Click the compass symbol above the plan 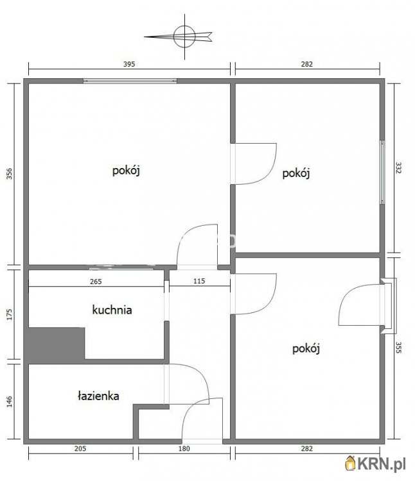tap(183, 36)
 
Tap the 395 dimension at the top tap(130, 64)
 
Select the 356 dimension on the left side tap(10, 174)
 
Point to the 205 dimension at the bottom tap(80, 448)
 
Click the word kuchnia tap(112, 310)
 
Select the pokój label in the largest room tap(127, 171)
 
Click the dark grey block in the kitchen tap(56, 344)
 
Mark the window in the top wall tap(130, 81)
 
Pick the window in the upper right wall tap(382, 172)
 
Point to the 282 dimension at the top tap(306, 64)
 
